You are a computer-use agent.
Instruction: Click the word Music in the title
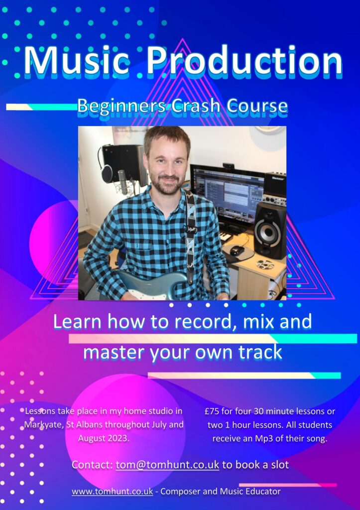pos(77,61)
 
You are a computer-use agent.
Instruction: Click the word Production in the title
pos(244,61)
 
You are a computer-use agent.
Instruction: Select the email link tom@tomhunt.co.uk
pos(167,465)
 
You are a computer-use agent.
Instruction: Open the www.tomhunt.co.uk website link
pos(112,491)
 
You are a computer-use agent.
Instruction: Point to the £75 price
pos(212,411)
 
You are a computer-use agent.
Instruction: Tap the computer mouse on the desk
pos(237,250)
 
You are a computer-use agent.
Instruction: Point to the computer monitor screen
pos(228,191)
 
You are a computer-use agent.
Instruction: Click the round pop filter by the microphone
pos(107,174)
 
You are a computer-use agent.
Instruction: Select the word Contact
pos(92,465)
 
